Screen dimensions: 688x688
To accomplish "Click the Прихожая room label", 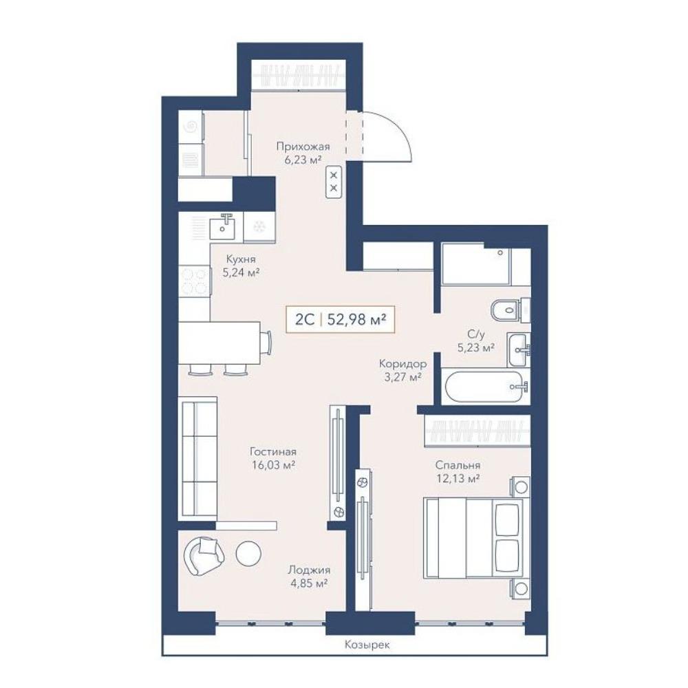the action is pos(303,147).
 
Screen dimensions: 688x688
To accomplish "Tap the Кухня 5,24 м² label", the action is pos(240,266).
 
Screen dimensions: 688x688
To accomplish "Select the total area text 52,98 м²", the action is pos(356,319).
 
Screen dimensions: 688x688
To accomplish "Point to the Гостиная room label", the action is pos(273,451).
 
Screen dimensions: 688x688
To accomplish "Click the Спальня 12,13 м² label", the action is pos(458,472).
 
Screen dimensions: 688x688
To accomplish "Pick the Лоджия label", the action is pos(309,570).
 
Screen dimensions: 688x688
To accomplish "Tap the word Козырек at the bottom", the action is pos(367,645).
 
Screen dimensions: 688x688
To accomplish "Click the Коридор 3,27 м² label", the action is pos(402,370).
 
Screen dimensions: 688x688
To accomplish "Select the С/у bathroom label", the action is pos(476,334).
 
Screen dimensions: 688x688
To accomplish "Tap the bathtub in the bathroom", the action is pos(486,386).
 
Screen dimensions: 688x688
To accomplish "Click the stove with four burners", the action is pos(195,281).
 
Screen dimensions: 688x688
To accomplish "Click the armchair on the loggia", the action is pos(204,555).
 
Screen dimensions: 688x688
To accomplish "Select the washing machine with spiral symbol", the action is pos(191,127).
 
